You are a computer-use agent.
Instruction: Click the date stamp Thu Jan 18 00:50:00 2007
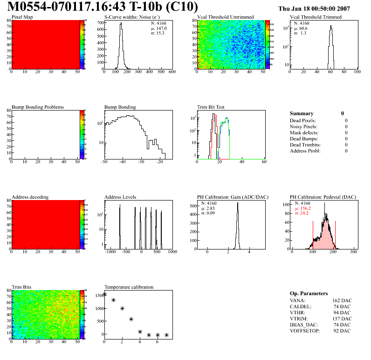321,9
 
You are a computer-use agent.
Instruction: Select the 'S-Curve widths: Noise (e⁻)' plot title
131,17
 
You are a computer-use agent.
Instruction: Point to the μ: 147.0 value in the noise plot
159,28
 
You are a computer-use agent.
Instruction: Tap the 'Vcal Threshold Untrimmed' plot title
225,17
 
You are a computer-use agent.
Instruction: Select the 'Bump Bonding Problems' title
38,107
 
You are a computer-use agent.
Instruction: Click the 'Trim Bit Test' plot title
212,107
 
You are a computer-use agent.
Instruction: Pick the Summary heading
302,113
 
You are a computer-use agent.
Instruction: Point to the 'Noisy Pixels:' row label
303,126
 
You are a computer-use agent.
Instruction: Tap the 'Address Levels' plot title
120,197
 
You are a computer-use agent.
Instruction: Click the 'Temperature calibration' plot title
129,287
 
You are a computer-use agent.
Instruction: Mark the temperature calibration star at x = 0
104,294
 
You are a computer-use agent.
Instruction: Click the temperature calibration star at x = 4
140,332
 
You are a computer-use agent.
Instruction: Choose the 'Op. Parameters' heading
309,294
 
